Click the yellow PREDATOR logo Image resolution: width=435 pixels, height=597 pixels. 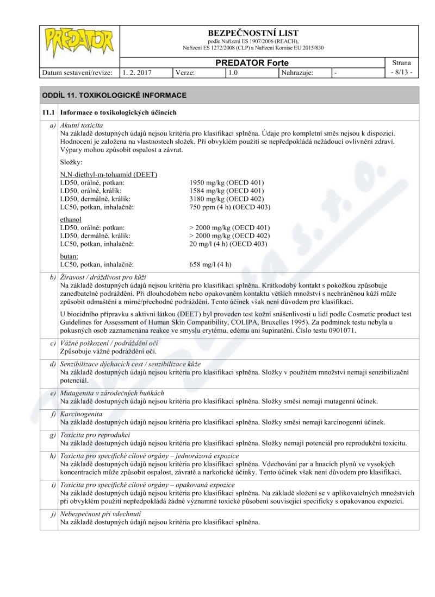tap(79, 40)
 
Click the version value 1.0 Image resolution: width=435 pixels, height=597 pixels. tap(233, 72)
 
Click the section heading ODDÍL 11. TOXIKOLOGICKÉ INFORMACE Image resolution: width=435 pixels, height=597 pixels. tap(114, 95)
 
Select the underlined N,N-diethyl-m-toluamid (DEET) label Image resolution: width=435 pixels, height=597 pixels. tap(109, 174)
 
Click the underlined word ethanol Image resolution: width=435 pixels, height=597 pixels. tap(71, 219)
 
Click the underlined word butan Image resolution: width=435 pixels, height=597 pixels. tap(69, 256)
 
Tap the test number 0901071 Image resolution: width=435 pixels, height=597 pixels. tap(338, 330)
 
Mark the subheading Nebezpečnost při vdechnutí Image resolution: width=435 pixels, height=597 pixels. tap(101, 513)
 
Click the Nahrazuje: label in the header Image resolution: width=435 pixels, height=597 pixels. tap(297, 72)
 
